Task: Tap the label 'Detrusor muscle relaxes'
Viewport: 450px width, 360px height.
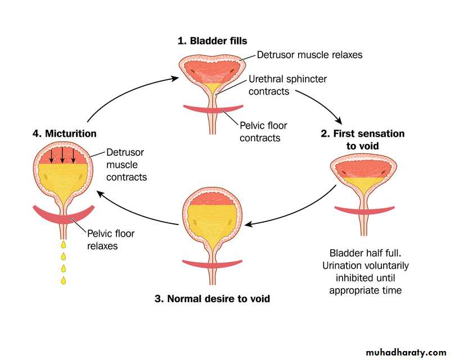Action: coord(309,55)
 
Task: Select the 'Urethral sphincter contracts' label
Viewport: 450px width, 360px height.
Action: coord(287,85)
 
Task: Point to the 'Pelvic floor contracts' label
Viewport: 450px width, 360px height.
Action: coord(260,131)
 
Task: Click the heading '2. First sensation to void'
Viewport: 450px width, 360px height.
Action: coord(362,139)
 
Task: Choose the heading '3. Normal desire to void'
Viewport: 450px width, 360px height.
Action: coord(212,299)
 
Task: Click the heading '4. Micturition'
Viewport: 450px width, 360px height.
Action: coord(64,134)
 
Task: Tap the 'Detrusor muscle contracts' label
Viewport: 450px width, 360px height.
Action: coord(127,165)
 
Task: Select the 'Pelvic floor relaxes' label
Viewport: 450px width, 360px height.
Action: coord(111,240)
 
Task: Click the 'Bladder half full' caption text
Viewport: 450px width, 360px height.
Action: coord(368,272)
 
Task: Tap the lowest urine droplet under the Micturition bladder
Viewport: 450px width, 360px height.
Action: coord(63,280)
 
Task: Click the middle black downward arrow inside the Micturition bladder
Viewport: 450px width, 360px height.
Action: coord(62,155)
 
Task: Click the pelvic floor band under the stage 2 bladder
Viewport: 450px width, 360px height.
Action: coord(362,211)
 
